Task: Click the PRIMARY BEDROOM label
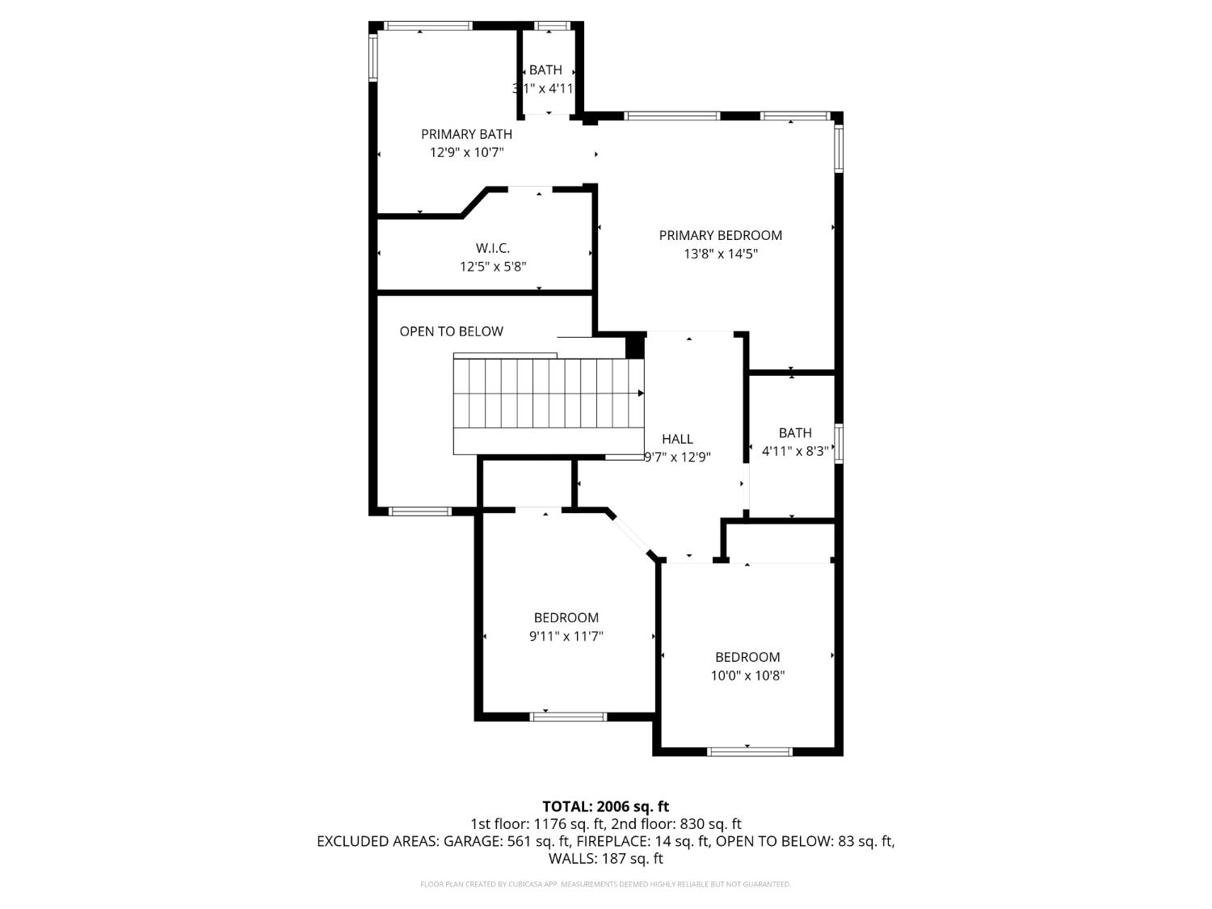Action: (x=720, y=235)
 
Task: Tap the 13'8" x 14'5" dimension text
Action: (x=720, y=254)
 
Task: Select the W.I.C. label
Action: (x=492, y=248)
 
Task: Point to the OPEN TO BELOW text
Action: (x=451, y=331)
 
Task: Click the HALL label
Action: (x=677, y=439)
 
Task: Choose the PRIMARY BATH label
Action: (x=466, y=134)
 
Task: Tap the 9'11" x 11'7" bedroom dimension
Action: (x=566, y=636)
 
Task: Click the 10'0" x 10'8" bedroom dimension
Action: (x=747, y=675)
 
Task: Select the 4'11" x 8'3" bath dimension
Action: (x=795, y=451)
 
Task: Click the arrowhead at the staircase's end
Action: (x=641, y=393)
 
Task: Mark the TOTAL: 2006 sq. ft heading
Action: (x=605, y=806)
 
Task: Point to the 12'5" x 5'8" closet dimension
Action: (x=493, y=267)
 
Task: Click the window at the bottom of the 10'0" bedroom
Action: (x=749, y=751)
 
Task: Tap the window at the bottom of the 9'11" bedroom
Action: (x=568, y=717)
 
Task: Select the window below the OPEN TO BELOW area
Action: (x=419, y=511)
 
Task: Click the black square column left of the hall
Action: (x=635, y=346)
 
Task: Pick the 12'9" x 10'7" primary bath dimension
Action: (x=466, y=152)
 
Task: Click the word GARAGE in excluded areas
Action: (x=471, y=841)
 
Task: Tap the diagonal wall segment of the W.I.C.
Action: (x=475, y=202)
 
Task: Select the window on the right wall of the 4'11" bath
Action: (x=839, y=444)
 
